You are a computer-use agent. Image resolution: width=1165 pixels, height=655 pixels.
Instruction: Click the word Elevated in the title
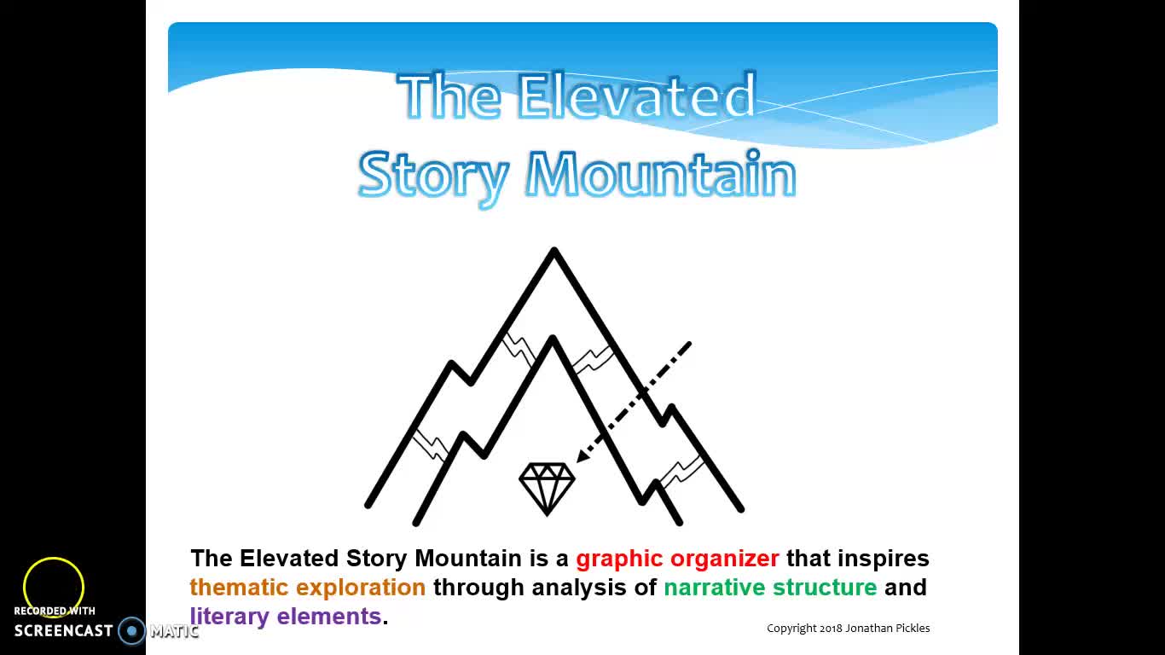point(636,96)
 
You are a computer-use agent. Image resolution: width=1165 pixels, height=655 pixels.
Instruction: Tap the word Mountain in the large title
point(661,175)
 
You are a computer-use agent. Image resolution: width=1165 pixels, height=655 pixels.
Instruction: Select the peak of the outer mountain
point(554,252)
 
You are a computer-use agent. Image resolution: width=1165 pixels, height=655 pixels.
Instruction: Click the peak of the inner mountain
point(553,341)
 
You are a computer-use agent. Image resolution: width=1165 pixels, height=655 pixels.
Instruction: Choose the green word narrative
point(715,588)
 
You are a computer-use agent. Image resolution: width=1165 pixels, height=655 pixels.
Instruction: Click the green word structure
point(825,588)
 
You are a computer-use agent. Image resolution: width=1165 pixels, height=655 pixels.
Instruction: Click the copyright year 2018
point(831,629)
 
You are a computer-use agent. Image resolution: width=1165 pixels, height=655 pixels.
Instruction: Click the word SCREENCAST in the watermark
point(64,631)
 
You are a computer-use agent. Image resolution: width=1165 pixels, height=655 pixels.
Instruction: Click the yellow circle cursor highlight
point(54,587)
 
